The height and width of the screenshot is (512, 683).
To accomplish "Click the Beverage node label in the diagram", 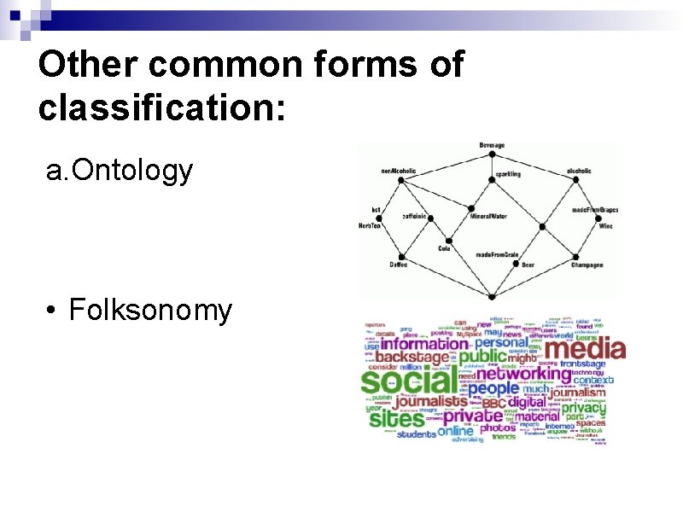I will (x=492, y=146).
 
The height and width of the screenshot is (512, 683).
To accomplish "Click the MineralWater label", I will (x=488, y=217).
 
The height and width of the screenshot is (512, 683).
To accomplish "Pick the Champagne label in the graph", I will (x=587, y=265).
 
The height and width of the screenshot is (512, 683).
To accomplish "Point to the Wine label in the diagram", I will (x=604, y=227).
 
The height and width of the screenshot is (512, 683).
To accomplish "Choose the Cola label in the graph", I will (x=444, y=248).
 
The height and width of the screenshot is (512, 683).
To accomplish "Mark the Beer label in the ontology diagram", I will (x=527, y=265).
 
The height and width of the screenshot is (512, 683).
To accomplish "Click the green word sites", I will (x=395, y=419).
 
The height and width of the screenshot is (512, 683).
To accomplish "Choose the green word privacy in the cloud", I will (x=584, y=407).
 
